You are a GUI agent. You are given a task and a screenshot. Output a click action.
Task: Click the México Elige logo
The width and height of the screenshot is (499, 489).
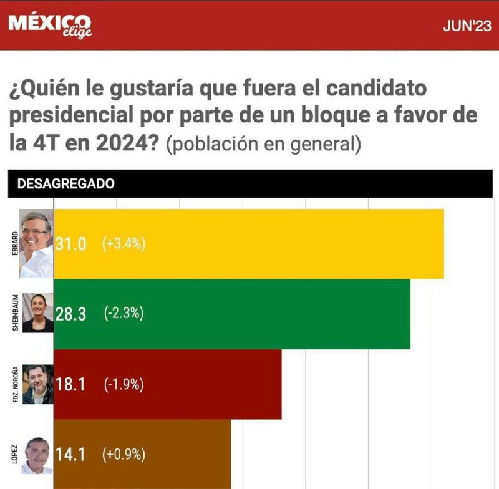coord(50,25)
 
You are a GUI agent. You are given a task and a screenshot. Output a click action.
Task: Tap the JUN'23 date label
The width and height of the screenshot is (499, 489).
coord(467,26)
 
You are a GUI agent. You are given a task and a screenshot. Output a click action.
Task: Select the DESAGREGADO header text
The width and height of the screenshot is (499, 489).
coord(65,183)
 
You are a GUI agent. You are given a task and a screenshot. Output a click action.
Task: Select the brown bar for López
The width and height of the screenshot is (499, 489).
coord(187,454)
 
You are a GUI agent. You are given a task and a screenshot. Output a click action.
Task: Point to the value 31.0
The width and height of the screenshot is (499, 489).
coord(70,244)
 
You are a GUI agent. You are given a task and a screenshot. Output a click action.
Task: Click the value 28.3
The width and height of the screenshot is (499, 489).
coord(70,314)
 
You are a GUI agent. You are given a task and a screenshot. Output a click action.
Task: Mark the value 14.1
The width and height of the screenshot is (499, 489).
coord(70,454)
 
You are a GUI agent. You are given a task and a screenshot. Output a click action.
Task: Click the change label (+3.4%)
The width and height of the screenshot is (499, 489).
coord(124,244)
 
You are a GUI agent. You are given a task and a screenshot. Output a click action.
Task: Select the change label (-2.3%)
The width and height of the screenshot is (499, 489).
coord(124,314)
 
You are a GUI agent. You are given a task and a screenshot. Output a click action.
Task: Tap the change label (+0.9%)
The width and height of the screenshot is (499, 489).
coord(124,454)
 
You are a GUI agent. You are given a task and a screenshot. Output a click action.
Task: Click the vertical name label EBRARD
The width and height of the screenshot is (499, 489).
coord(14,244)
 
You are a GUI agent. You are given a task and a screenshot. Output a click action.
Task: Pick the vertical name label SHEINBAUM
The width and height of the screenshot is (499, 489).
coord(14,314)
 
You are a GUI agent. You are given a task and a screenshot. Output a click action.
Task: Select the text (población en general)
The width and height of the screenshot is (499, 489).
coord(264,144)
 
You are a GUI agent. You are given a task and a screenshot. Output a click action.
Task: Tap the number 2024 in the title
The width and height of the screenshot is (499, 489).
coord(125,143)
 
